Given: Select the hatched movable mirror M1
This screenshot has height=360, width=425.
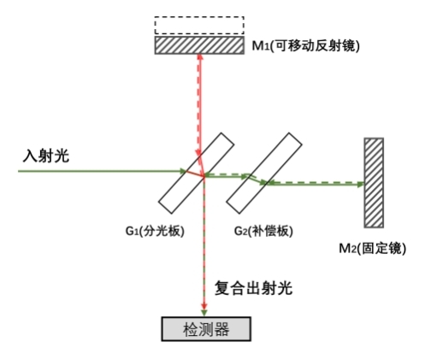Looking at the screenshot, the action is click(x=199, y=45).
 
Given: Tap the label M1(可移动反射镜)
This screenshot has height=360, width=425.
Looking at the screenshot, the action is click(x=306, y=45).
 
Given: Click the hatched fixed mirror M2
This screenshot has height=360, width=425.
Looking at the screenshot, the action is click(x=374, y=183).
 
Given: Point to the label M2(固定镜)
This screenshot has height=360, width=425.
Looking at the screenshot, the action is click(x=372, y=248).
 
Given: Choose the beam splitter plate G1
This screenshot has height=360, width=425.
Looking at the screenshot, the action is click(x=196, y=173).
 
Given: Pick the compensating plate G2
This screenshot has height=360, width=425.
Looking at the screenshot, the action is click(x=264, y=173).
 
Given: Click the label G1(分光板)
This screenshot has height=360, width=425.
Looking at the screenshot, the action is click(x=155, y=231).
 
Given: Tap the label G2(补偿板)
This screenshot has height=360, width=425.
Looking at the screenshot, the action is click(x=263, y=231).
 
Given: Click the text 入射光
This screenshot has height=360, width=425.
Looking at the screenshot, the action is click(x=46, y=156).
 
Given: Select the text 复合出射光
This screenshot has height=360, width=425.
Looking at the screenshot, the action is click(x=253, y=288).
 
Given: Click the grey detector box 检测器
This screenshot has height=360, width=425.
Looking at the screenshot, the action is click(x=206, y=329).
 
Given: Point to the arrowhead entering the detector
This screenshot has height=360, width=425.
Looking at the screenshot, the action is click(x=204, y=313).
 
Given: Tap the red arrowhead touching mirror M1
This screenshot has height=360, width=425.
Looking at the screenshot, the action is click(x=200, y=56).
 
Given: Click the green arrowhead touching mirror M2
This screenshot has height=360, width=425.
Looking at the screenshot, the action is click(x=360, y=185).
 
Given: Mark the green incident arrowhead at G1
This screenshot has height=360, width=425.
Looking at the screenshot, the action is click(x=183, y=171).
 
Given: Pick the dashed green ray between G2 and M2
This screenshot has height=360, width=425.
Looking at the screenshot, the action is click(x=316, y=182).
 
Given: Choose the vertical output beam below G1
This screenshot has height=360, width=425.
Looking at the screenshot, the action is click(x=204, y=246).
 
